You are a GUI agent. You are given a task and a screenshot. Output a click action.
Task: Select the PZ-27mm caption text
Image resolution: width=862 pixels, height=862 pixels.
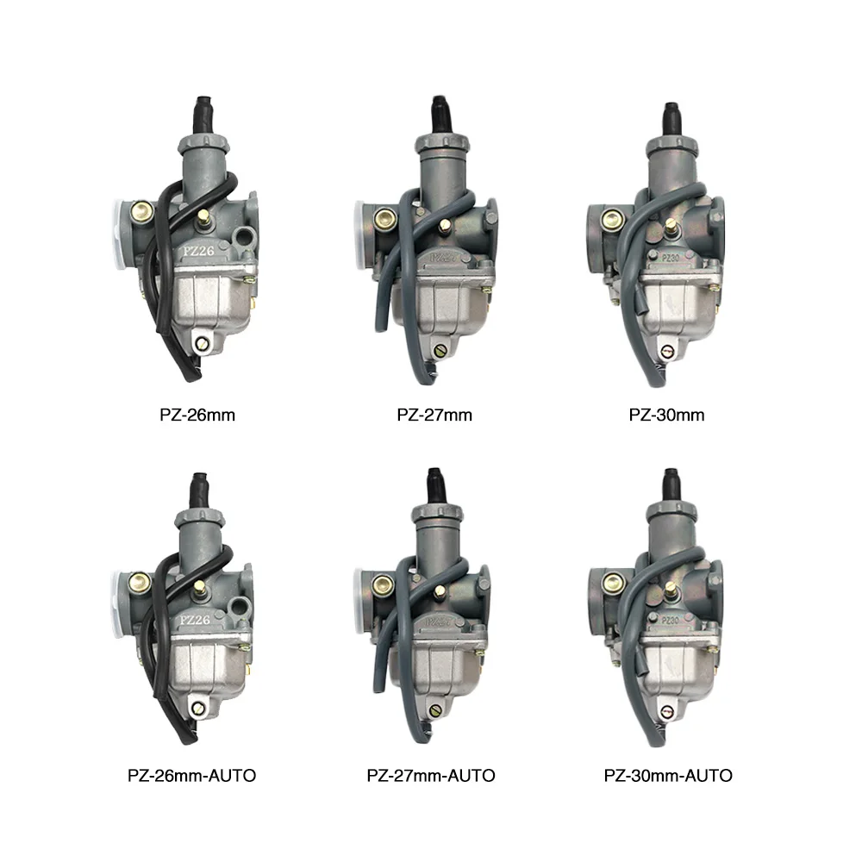click(x=434, y=415)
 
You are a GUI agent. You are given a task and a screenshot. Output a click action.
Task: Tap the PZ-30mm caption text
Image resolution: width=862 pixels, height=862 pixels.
click(x=665, y=415)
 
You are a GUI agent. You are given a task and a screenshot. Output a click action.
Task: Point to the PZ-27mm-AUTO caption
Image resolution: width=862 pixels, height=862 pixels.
click(x=431, y=776)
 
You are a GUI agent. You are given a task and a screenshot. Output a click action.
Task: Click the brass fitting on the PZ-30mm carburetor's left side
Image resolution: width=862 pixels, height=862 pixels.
click(x=613, y=218)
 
